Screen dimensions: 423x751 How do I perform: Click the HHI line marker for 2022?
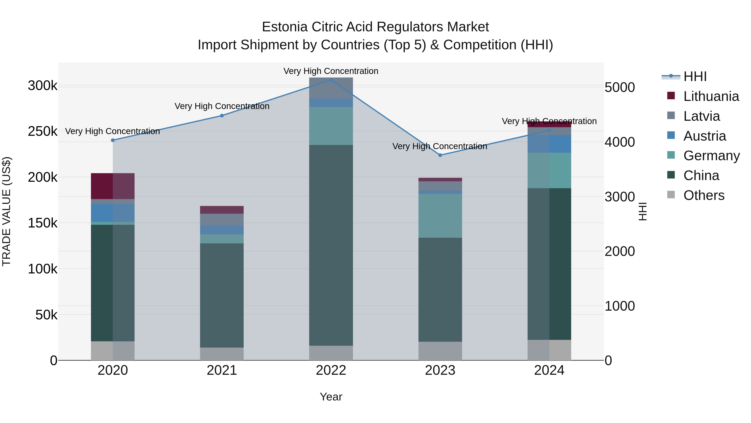coord(331,80)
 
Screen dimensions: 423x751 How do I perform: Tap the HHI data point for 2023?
coord(440,155)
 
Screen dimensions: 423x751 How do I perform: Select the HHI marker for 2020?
coord(113,140)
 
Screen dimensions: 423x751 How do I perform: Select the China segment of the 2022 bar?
coord(331,245)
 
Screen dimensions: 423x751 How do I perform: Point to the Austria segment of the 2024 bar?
coord(549,144)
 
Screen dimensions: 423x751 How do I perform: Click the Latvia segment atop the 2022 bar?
coord(331,88)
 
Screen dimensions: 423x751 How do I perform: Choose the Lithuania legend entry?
coord(711,96)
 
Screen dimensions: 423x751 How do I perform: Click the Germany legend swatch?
coord(671,155)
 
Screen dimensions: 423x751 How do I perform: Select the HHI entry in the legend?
coord(695,76)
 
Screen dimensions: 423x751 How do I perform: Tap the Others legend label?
coord(704,195)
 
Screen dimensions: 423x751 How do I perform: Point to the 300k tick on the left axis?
coord(43,86)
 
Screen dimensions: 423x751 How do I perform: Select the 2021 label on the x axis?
coord(222,370)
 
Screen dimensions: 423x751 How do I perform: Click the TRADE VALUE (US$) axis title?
coord(6,211)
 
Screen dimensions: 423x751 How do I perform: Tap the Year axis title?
coord(331,397)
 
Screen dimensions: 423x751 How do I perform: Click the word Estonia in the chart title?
coord(285,27)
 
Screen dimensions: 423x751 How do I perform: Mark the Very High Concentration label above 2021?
coord(222,106)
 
